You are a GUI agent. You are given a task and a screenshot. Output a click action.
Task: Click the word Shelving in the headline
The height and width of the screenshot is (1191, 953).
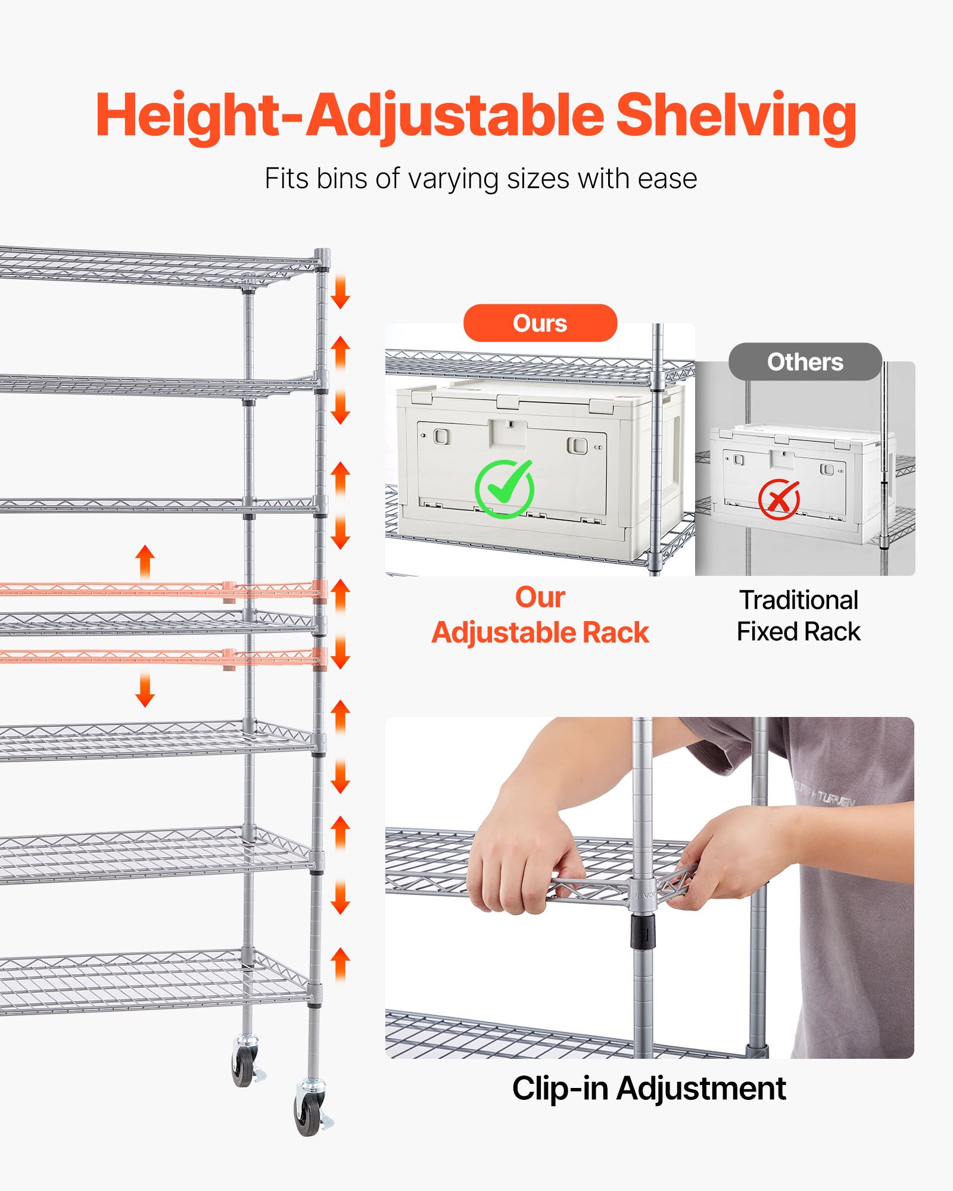(736, 116)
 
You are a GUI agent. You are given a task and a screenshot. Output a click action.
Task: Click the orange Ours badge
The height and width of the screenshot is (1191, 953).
(540, 323)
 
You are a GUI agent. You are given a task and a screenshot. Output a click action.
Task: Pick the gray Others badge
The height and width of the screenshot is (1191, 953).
(805, 362)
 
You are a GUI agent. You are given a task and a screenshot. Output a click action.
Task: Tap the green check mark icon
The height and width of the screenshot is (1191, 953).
(504, 489)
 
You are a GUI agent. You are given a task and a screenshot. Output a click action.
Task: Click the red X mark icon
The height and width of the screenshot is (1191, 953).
(779, 499)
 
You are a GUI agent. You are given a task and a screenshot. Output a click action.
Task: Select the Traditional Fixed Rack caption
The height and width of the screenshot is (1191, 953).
(799, 616)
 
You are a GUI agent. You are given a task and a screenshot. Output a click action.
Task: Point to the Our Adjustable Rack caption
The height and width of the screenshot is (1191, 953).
(540, 615)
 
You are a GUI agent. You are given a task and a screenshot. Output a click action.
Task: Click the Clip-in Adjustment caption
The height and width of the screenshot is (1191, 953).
(649, 1089)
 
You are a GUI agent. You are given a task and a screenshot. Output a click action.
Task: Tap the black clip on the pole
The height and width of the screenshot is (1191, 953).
(643, 932)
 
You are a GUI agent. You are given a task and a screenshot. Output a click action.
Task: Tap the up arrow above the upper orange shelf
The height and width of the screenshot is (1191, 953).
(145, 561)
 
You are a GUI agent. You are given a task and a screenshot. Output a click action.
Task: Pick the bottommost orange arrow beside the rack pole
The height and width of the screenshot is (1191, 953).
(340, 964)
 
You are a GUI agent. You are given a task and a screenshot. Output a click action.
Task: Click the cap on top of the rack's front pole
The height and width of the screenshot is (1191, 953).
(322, 257)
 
